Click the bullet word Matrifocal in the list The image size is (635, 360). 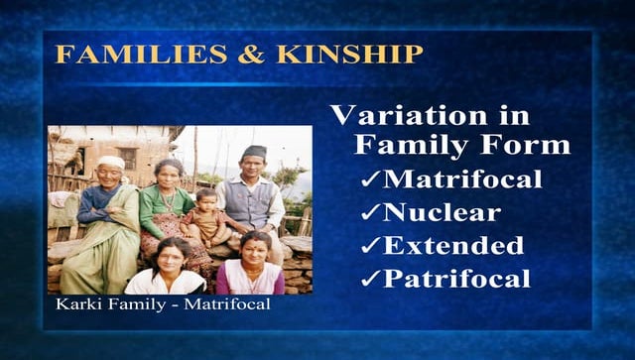pyautogui.click(x=462, y=180)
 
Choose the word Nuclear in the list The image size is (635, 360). pyautogui.click(x=443, y=211)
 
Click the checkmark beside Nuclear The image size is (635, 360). pyautogui.click(x=370, y=212)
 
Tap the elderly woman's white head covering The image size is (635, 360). pyautogui.click(x=112, y=162)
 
